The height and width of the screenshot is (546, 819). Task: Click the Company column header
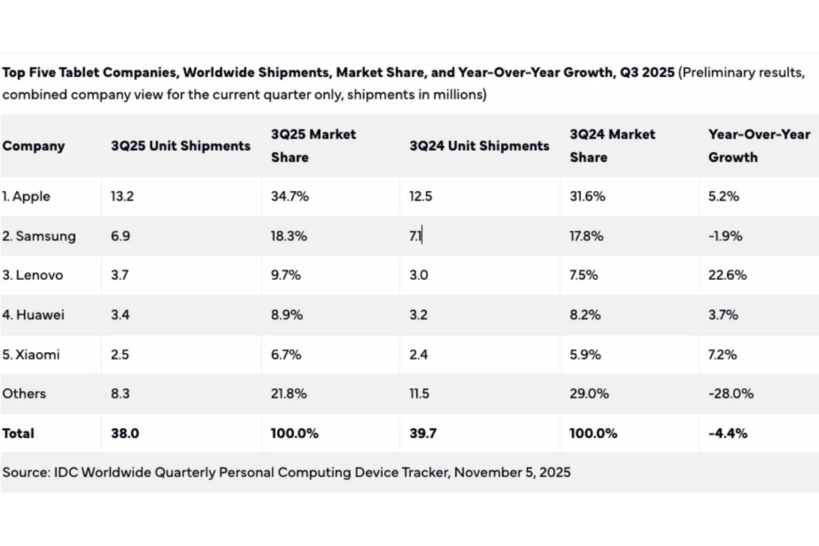(33, 146)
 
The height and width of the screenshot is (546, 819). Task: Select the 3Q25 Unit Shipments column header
(181, 146)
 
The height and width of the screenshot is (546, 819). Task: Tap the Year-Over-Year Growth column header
(759, 146)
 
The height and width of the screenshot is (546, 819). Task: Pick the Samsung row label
(38, 236)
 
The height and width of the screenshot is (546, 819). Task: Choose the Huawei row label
(33, 315)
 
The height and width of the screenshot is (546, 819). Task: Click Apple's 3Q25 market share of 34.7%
(290, 197)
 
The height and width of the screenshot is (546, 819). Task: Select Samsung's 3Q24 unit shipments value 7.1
(416, 236)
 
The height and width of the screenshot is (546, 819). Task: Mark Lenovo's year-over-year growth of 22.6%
(728, 275)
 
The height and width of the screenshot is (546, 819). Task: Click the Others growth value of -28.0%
(731, 394)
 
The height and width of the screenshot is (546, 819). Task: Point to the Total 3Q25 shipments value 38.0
(125, 433)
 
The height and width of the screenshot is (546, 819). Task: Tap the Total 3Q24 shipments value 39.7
(423, 433)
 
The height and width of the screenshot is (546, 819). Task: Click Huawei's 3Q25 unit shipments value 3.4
(121, 315)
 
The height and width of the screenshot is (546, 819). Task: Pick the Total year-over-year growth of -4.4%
(728, 433)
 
